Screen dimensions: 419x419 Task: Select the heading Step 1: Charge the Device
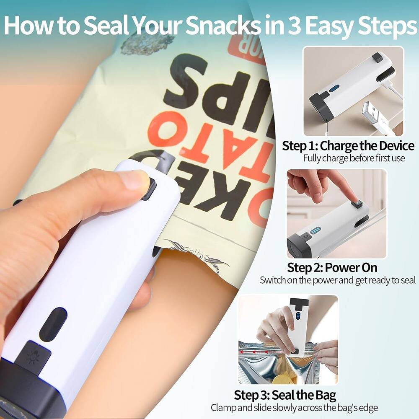point(348,146)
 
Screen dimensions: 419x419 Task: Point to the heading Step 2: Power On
point(332,267)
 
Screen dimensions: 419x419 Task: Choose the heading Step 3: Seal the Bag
point(285,395)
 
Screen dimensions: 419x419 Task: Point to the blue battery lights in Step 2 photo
point(315,230)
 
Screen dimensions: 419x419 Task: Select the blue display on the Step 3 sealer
point(298,315)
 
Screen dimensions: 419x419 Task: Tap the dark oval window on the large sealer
point(53,324)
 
